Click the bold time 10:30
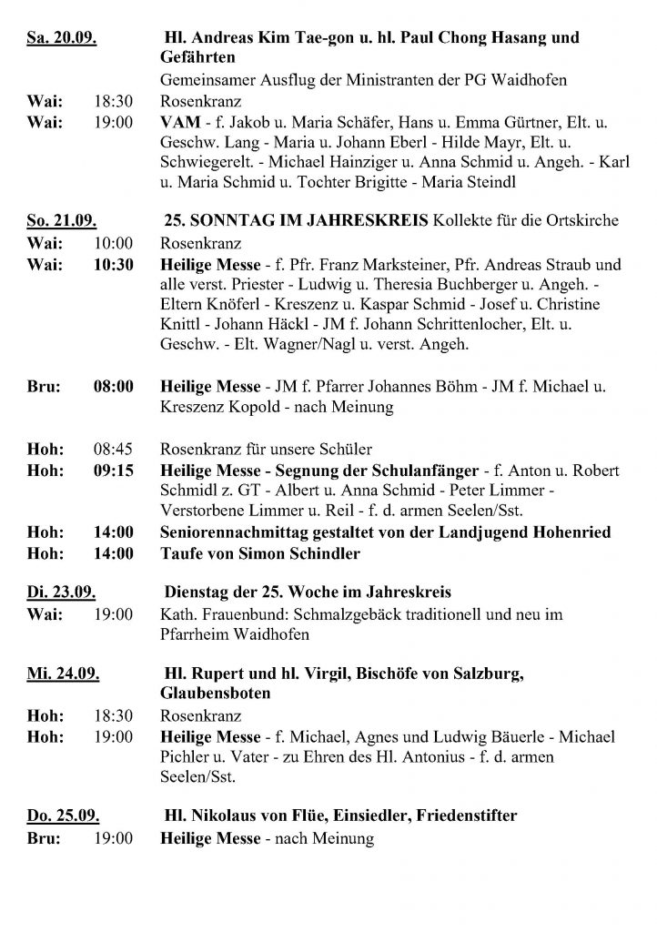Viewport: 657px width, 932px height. tap(113, 265)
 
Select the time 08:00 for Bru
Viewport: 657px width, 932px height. tap(113, 387)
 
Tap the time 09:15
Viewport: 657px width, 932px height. tap(113, 470)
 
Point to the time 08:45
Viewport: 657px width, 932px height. tap(113, 449)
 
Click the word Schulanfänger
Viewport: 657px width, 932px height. tap(419, 470)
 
